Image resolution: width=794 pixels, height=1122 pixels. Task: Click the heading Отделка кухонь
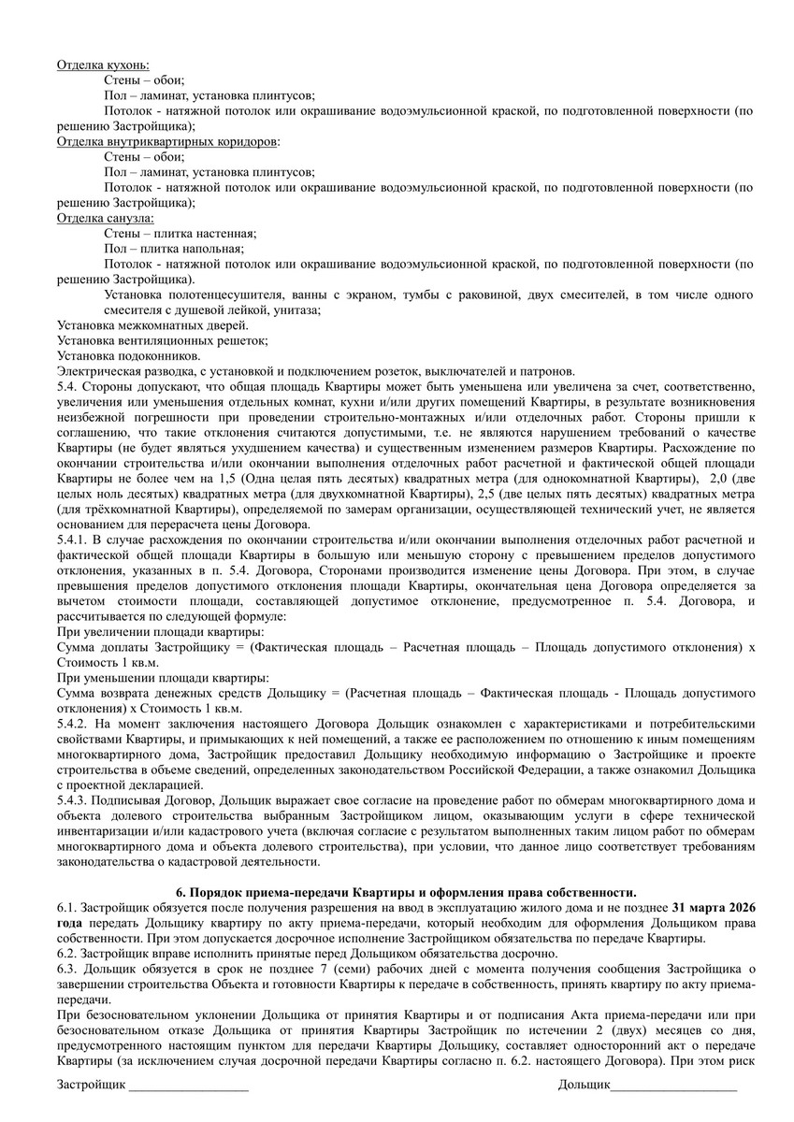pos(103,65)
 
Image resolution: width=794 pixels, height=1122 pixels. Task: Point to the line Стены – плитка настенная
pos(180,233)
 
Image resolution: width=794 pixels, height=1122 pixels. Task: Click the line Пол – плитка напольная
pos(174,248)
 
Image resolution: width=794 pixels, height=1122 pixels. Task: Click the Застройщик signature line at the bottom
pos(188,1086)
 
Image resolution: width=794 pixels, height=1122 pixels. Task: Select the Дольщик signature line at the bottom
pos(673,1086)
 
